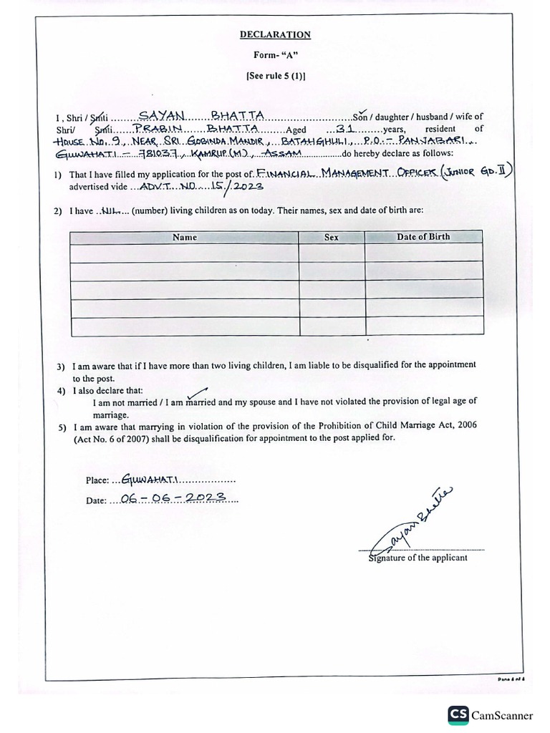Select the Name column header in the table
[x=184, y=237]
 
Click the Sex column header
[x=331, y=237]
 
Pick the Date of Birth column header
[x=424, y=237]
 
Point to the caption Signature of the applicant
[x=418, y=558]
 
